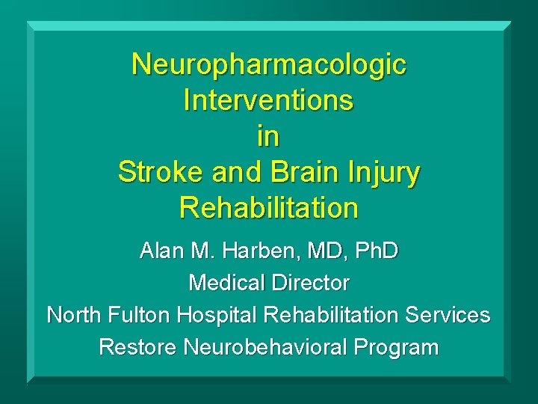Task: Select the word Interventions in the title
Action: pos(269,100)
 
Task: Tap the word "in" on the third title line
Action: pos(269,135)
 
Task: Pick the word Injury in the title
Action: pos(386,174)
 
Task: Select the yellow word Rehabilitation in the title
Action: pos(269,207)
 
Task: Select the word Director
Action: pos(315,283)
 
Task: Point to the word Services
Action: pos(448,315)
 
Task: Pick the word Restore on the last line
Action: pos(137,347)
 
